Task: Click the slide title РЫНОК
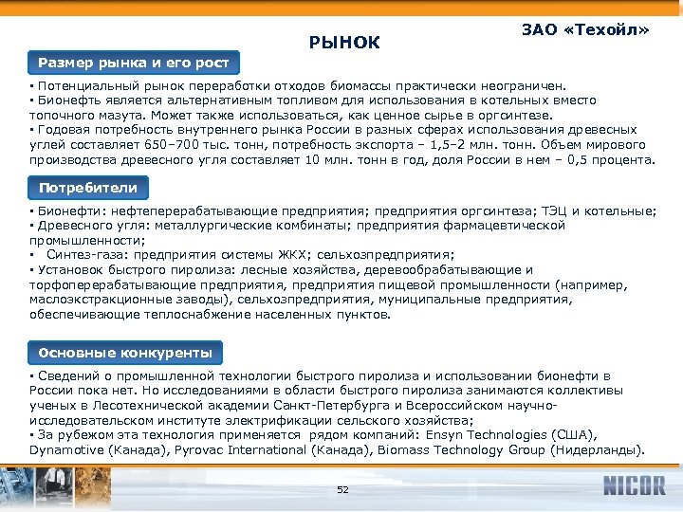point(344,43)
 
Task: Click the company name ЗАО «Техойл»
point(585,30)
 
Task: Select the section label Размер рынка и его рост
point(133,64)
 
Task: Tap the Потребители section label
point(87,188)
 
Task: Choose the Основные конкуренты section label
point(125,353)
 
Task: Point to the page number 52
point(343,489)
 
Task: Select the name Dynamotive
point(69,450)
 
